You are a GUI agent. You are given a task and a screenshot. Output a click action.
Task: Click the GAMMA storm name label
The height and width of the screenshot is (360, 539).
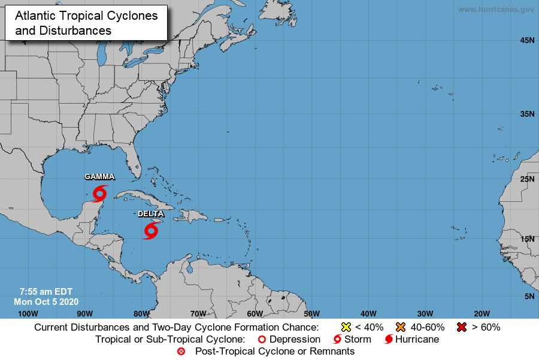99,177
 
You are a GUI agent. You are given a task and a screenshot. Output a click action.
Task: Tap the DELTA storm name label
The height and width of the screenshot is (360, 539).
150,213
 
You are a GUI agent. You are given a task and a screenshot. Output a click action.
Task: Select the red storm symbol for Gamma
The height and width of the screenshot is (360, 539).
99,193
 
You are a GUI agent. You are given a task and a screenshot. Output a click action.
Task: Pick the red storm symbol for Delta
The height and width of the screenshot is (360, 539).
150,230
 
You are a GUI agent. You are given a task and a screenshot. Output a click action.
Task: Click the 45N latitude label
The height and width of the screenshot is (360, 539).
527,40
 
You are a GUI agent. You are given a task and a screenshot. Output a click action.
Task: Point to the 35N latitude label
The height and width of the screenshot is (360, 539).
527,113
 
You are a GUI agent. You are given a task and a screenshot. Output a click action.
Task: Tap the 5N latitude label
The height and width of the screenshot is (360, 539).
529,296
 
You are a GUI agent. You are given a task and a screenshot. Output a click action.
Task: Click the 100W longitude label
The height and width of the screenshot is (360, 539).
28,313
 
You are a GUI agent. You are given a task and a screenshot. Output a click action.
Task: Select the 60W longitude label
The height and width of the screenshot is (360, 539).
255,313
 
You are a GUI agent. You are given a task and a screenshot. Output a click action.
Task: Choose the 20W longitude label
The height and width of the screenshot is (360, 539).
482,313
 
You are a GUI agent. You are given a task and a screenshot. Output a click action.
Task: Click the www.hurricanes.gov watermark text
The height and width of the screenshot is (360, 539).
495,10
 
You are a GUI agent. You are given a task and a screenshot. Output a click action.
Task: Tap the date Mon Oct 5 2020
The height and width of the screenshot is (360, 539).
46,301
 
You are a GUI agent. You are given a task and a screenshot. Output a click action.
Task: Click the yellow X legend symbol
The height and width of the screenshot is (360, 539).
346,327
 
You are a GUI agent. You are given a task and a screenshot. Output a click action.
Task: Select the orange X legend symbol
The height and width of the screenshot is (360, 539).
401,327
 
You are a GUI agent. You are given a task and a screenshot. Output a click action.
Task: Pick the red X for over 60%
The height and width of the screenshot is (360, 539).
461,327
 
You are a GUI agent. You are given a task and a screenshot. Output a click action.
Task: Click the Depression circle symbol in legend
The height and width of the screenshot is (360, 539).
261,340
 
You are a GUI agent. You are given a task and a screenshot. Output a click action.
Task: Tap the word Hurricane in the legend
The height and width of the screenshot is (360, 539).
416,340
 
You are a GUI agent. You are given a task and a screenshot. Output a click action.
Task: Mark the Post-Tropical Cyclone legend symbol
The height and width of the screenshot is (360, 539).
181,352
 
